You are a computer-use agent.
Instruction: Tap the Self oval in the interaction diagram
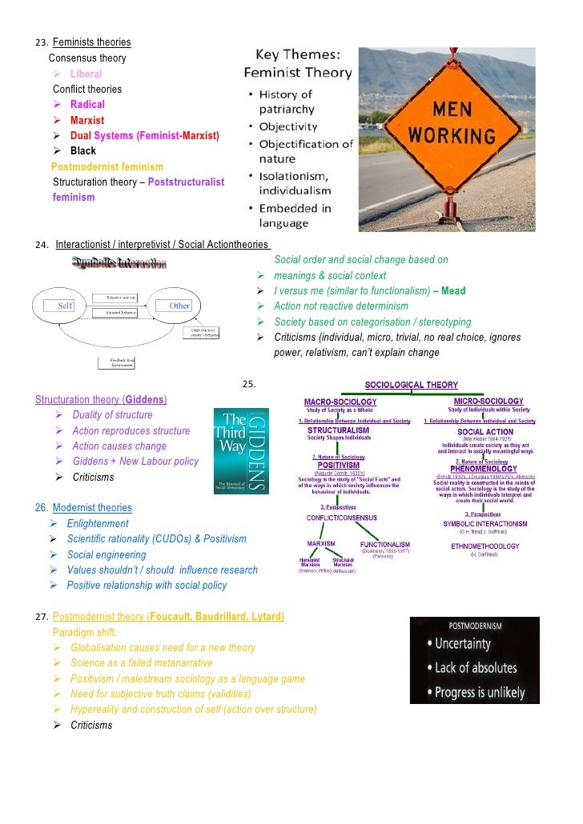point(65,306)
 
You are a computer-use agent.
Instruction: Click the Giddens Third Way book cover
point(247,451)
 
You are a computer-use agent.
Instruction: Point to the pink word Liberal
point(86,74)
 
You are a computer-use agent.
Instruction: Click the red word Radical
point(87,105)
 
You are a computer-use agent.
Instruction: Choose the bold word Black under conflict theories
point(82,151)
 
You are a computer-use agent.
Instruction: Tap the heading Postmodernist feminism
point(107,166)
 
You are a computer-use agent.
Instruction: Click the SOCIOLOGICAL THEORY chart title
point(412,385)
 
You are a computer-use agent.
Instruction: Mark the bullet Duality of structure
point(112,415)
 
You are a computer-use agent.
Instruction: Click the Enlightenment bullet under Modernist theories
point(98,524)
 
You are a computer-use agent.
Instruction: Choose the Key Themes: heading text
point(297,55)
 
